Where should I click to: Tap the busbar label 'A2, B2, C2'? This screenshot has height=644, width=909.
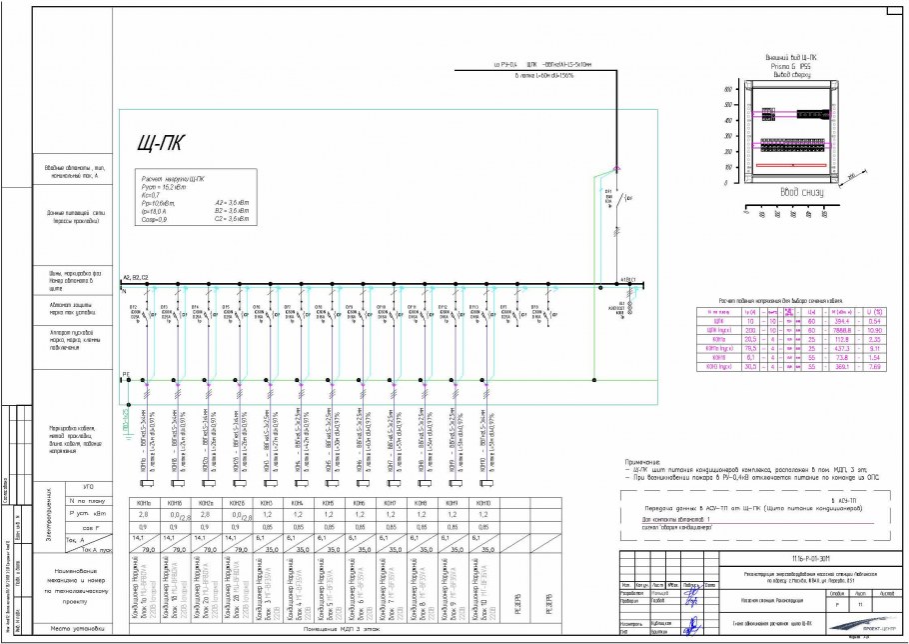pyautogui.click(x=136, y=277)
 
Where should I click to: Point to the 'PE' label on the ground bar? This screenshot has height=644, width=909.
pyautogui.click(x=126, y=376)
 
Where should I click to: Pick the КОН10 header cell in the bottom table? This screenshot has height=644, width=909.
pyautogui.click(x=483, y=501)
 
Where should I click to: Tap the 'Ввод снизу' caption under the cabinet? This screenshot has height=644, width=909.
pyautogui.click(x=800, y=191)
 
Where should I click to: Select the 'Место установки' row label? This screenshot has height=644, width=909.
pyautogui.click(x=76, y=628)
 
